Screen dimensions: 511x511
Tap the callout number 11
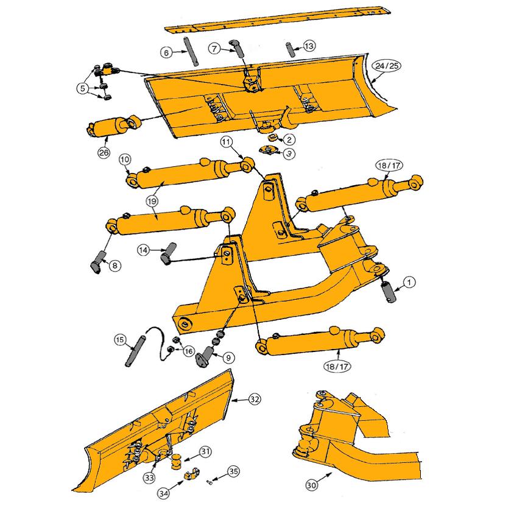coord(226,142)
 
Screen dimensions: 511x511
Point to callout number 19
coord(152,200)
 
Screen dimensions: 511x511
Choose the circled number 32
coord(255,400)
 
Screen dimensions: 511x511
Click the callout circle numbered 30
coord(311,485)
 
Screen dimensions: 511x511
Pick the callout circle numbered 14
coord(143,250)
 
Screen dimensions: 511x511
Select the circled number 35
coord(233,471)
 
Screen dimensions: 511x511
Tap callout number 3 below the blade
coord(289,153)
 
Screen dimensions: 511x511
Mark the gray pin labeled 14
coord(168,253)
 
